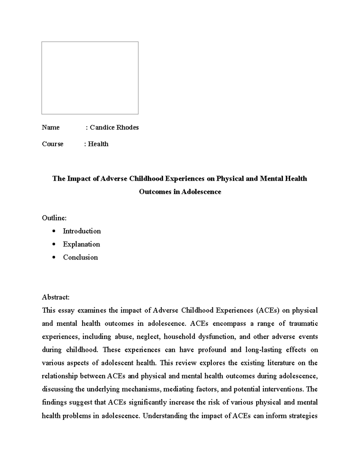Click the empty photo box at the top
point(90,78)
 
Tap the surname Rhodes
point(127,127)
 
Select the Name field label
point(51,127)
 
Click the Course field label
point(52,144)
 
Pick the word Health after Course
point(98,144)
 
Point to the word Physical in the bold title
point(230,179)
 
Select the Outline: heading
point(54,218)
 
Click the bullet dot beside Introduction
point(54,231)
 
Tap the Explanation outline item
point(81,244)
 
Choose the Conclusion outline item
point(80,257)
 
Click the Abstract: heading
point(56,297)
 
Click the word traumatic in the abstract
point(303,323)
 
